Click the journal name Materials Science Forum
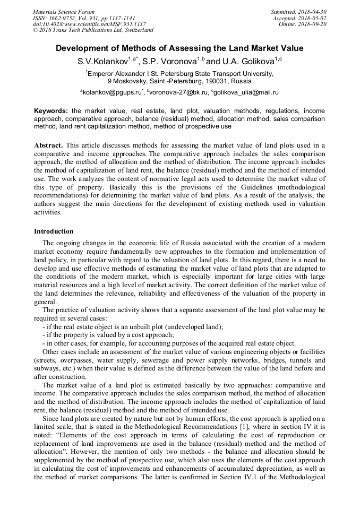(64, 12)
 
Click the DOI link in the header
(89, 24)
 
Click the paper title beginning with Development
(179, 48)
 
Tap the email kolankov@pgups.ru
(112, 92)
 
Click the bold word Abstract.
(48, 145)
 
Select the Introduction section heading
(54, 231)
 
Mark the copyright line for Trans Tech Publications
(93, 31)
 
